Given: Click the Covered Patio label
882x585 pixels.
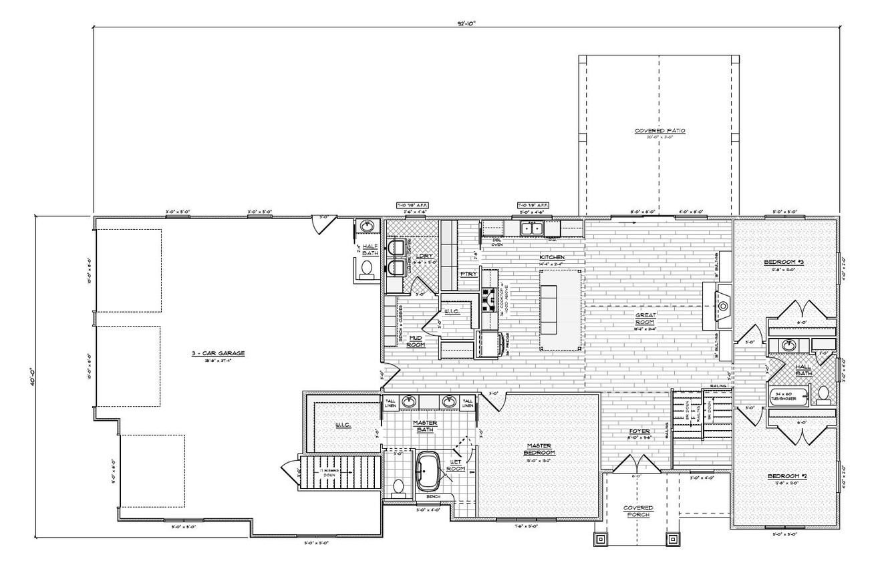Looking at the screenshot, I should coord(659,131).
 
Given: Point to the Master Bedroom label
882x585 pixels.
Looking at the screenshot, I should coord(538,449).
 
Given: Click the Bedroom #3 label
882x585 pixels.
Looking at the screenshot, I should coord(783,263).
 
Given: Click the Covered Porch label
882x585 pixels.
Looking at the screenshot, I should coord(638,512).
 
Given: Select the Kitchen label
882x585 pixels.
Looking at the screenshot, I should coord(553,257).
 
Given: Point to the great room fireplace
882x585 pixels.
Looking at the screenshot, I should coord(722,306).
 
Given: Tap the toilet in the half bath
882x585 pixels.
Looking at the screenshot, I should coord(366,268).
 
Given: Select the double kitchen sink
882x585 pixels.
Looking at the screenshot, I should coord(532,228).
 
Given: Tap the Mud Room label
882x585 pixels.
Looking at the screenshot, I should coord(416,341).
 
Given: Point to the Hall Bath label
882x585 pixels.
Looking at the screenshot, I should coord(802,369).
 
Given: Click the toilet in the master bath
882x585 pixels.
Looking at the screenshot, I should coord(399,488).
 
